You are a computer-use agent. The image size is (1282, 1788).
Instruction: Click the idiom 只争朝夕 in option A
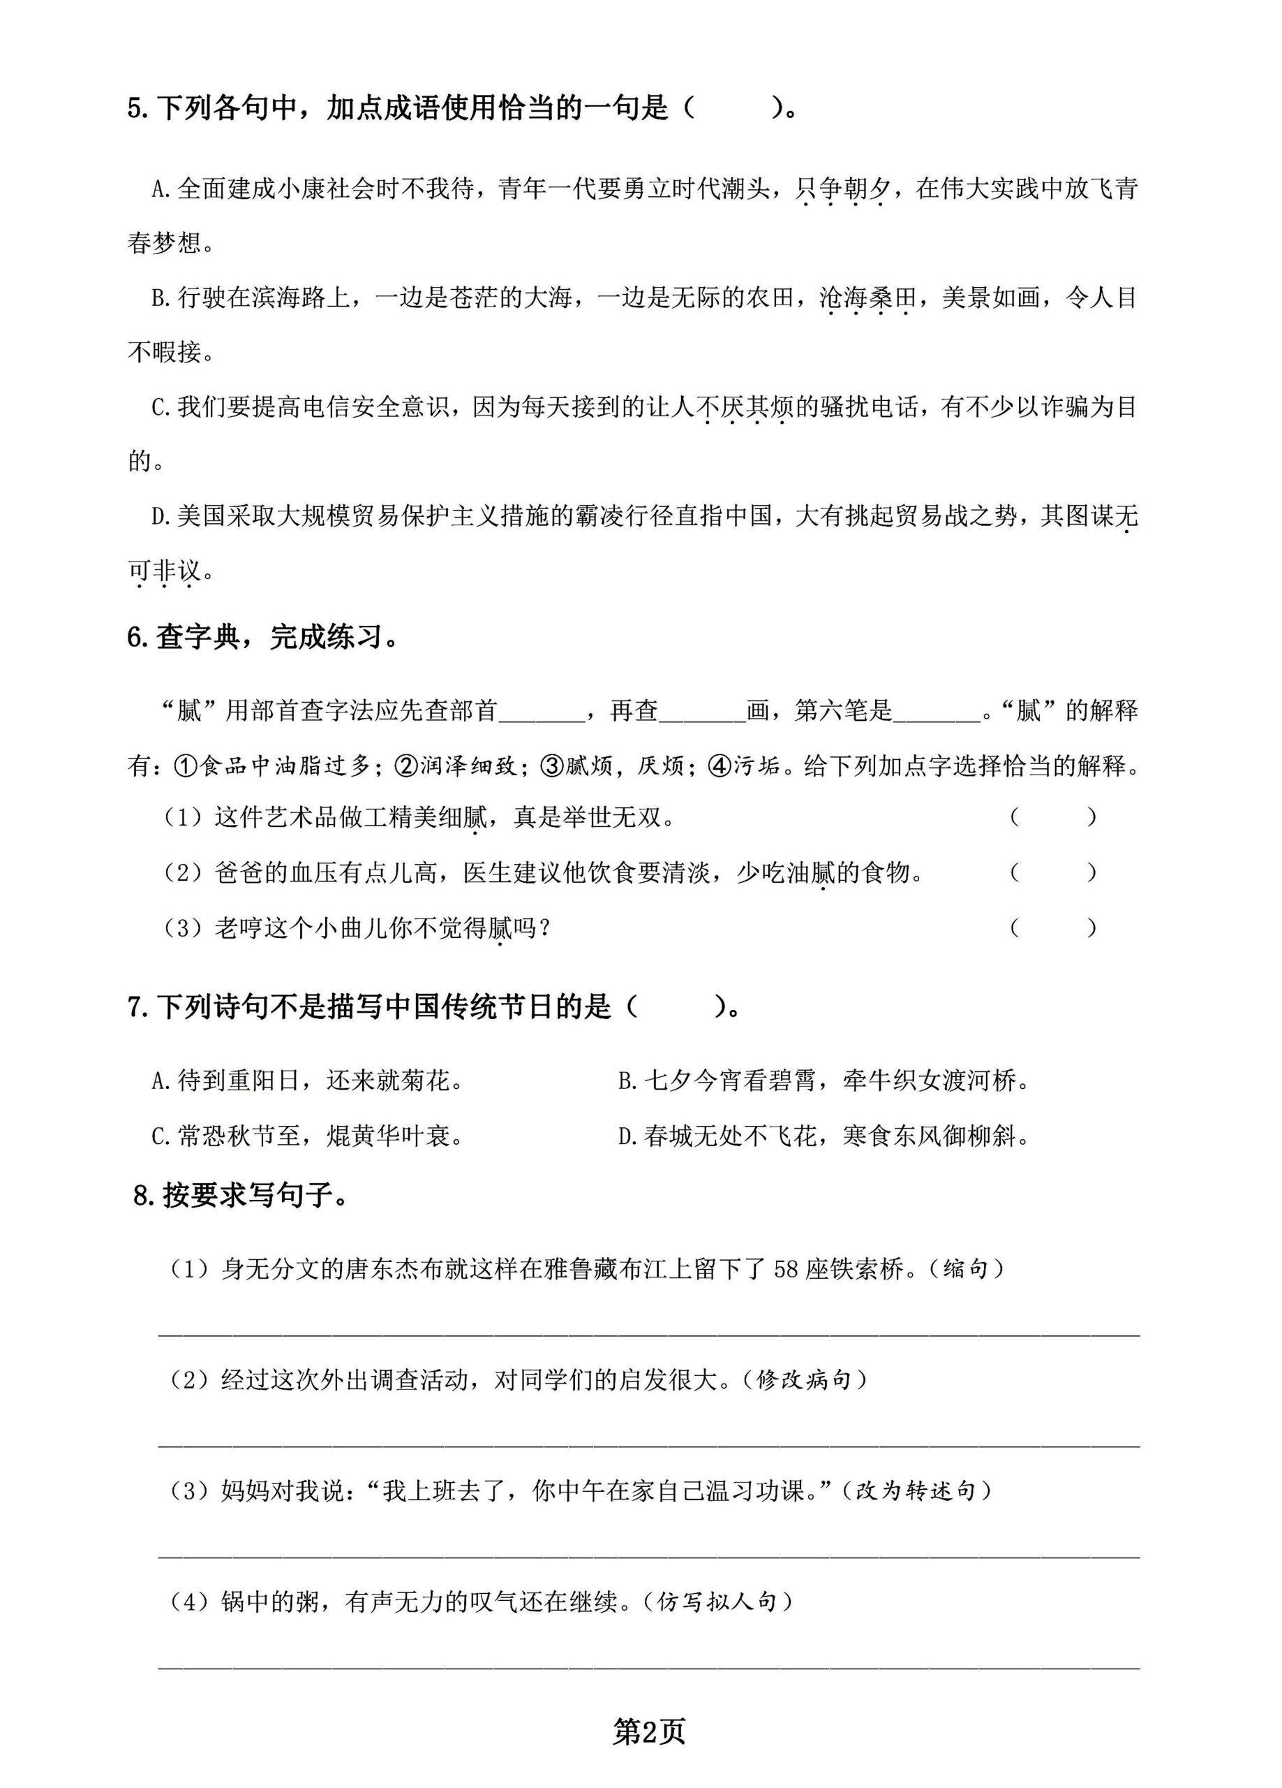point(842,189)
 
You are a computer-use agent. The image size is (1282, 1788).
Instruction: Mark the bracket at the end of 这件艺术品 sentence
point(1052,818)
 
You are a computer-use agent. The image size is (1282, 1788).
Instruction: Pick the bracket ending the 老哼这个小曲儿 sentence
point(1052,928)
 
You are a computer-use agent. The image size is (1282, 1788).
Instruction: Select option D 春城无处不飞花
point(824,1136)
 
